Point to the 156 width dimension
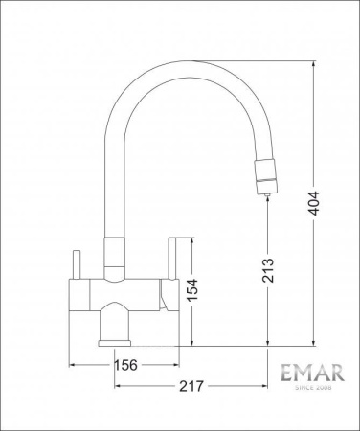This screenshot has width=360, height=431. point(124,365)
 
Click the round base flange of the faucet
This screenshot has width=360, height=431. point(115,340)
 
